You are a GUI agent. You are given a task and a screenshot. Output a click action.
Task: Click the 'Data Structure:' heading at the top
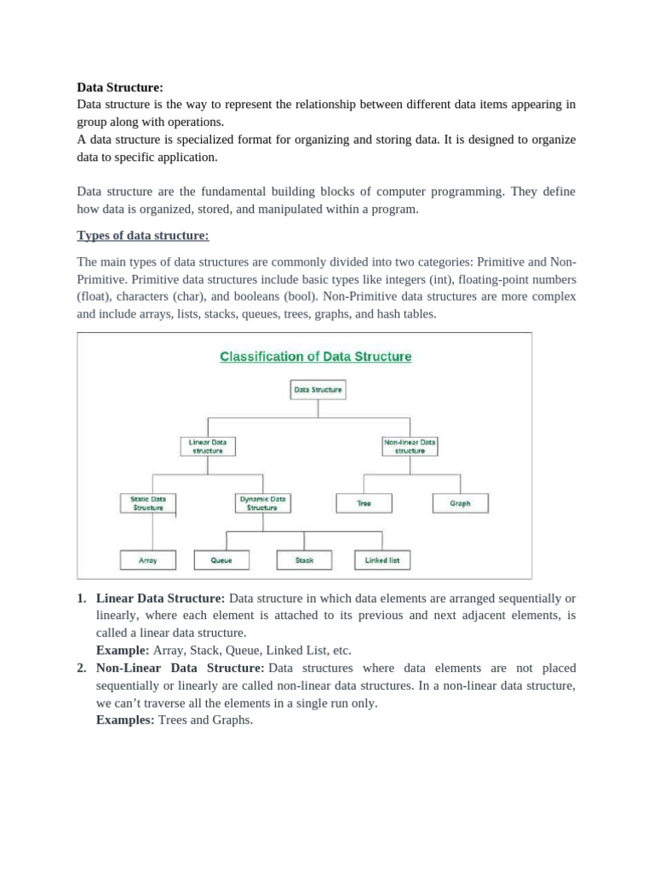point(119,87)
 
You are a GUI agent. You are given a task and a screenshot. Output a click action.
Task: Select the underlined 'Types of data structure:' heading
point(142,235)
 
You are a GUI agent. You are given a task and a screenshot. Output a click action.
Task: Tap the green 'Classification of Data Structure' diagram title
point(316,357)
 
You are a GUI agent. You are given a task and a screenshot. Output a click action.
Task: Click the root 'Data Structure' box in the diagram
point(318,390)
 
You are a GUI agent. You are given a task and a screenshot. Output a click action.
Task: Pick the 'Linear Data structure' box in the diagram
point(208,446)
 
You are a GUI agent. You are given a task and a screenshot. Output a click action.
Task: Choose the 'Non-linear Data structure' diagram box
point(410,446)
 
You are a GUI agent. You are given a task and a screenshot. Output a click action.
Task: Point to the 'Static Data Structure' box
point(148,503)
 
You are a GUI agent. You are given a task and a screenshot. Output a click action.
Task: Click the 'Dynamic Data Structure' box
point(262,503)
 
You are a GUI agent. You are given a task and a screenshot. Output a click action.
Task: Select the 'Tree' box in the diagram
point(364,503)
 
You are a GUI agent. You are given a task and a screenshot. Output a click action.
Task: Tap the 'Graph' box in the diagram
point(460,503)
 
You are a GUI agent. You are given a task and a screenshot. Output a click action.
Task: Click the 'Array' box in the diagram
point(148,560)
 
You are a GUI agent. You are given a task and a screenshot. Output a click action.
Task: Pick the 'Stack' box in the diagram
point(304,560)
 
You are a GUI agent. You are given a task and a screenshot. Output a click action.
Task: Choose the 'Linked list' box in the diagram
point(382,560)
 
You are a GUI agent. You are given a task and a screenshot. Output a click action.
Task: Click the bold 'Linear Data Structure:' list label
point(161,599)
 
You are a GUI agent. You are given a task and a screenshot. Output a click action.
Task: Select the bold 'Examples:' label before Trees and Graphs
point(126,720)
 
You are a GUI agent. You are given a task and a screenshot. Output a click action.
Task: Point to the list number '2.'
point(82,668)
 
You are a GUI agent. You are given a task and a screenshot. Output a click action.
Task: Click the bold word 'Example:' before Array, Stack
point(123,650)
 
